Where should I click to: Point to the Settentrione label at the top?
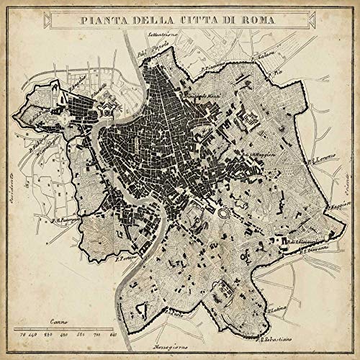[x=163, y=35]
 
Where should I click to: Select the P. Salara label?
[x=251, y=60]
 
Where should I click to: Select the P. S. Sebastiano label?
[x=275, y=338]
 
